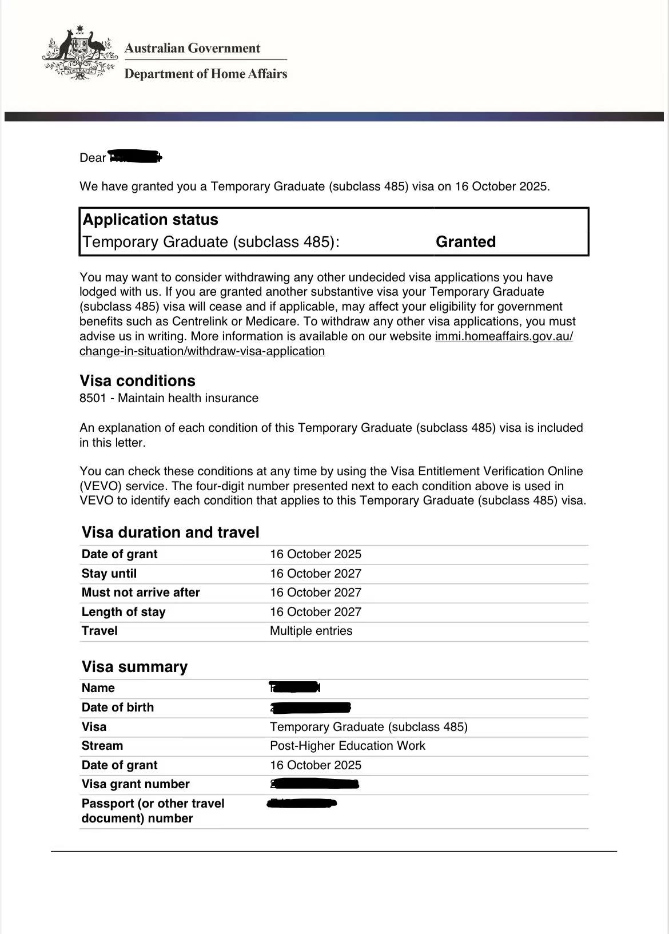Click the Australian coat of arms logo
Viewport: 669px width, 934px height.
pyautogui.click(x=79, y=53)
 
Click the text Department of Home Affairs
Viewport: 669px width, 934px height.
pyautogui.click(x=205, y=74)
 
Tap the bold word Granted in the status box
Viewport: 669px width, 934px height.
pyautogui.click(x=465, y=242)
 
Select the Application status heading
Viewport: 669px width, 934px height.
pyautogui.click(x=150, y=220)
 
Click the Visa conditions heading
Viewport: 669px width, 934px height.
pyautogui.click(x=137, y=381)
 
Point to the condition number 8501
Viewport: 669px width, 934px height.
pyautogui.click(x=93, y=398)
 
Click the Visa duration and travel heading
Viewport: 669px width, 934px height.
pyautogui.click(x=170, y=532)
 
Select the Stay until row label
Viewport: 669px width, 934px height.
pyautogui.click(x=109, y=574)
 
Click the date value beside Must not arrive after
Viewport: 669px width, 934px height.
pyautogui.click(x=316, y=593)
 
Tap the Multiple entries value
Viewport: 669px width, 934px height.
pyautogui.click(x=311, y=631)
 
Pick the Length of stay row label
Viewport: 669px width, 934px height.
pyautogui.click(x=124, y=612)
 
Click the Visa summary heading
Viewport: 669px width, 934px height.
pyautogui.click(x=134, y=667)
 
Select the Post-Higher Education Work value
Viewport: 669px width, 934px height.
pyautogui.click(x=348, y=746)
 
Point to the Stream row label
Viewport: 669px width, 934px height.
pyautogui.click(x=102, y=746)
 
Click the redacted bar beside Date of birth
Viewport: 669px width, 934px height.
pyautogui.click(x=310, y=708)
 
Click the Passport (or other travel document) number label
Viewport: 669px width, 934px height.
pyautogui.click(x=153, y=810)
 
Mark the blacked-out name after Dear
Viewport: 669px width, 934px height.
pyautogui.click(x=135, y=157)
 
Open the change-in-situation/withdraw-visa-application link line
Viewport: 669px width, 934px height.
pyautogui.click(x=202, y=351)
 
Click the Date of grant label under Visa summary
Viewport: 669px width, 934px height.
pyautogui.click(x=120, y=765)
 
